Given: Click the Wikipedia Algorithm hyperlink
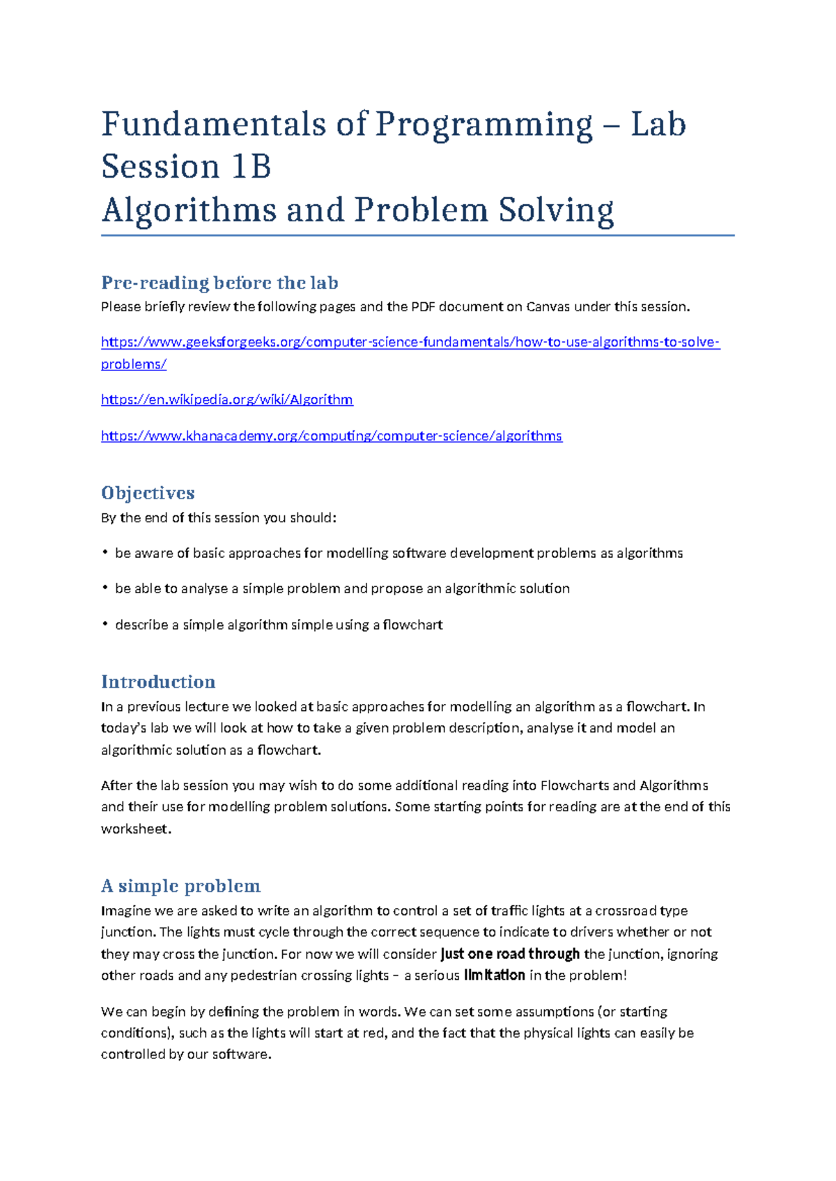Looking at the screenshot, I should (x=226, y=400).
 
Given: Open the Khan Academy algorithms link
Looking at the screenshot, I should (x=331, y=436).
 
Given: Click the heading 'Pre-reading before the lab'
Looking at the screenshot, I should (x=219, y=283).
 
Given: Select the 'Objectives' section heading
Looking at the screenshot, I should (x=148, y=493).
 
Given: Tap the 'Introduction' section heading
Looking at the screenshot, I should (x=158, y=682).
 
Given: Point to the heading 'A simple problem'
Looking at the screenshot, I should (x=180, y=886).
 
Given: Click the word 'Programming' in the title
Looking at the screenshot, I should (x=484, y=125).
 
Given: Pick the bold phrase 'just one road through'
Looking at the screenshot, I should (x=510, y=954).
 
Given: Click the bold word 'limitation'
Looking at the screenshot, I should (x=494, y=976).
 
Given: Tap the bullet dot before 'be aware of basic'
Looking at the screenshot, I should (x=104, y=553).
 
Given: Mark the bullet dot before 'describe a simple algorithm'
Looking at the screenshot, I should (x=104, y=625).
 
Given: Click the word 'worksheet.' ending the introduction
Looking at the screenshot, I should (x=136, y=829).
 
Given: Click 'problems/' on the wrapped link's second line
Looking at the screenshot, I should (x=134, y=364).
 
